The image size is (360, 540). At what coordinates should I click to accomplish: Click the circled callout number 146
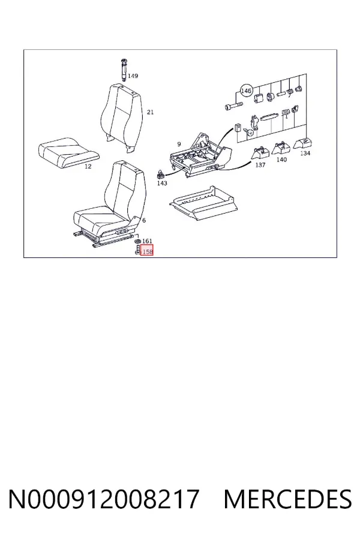tap(246, 91)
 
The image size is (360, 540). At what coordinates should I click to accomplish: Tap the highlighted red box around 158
tap(147, 250)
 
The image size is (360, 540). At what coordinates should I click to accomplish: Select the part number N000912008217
tap(104, 499)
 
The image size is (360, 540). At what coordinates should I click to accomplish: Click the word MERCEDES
tap(287, 499)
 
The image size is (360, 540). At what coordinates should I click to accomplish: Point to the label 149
tap(133, 76)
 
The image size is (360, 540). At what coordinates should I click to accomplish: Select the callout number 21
tap(150, 112)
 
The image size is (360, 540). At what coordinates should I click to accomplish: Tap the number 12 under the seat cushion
tap(88, 166)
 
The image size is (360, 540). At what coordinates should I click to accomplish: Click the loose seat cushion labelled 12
tap(68, 152)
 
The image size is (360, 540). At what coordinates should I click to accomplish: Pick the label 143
tap(162, 183)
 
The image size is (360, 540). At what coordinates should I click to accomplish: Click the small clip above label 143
tap(161, 174)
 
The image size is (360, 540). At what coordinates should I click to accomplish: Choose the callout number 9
tap(179, 144)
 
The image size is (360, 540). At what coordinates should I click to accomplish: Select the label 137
tap(260, 165)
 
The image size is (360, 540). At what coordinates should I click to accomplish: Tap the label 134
tap(305, 153)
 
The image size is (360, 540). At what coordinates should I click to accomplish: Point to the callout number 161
tap(147, 241)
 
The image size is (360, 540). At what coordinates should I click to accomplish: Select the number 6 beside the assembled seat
tap(143, 220)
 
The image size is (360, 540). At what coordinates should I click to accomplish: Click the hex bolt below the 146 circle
tap(234, 105)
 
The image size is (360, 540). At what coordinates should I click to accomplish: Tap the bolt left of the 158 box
tap(137, 250)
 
